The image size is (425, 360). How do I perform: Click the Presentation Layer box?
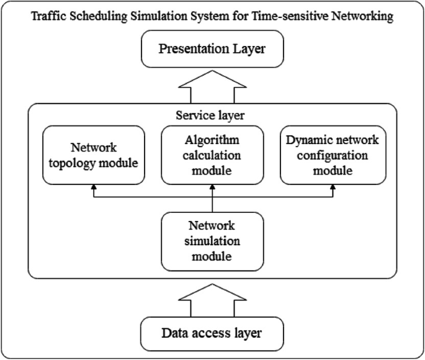click(x=212, y=50)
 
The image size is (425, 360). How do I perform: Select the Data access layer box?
click(x=212, y=333)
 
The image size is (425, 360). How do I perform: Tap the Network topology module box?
click(x=93, y=155)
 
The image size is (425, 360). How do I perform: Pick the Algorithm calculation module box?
click(x=212, y=155)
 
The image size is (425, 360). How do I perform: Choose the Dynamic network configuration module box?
click(x=333, y=155)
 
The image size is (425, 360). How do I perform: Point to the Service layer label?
click(x=212, y=115)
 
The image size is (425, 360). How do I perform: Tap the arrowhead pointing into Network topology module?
click(x=93, y=188)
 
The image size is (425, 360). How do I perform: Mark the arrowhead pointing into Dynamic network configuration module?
click(x=333, y=188)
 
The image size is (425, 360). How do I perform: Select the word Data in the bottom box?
click(x=174, y=333)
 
